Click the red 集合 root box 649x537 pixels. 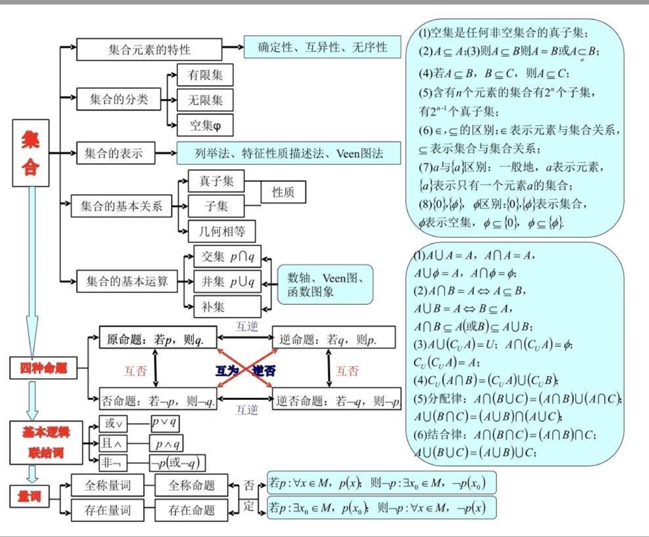coord(31,153)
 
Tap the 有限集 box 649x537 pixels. coord(205,75)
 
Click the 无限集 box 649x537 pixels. coord(205,100)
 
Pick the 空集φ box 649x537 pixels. coord(205,124)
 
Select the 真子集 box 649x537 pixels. coord(216,182)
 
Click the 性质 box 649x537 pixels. coord(283,192)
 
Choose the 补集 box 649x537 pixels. coord(227,306)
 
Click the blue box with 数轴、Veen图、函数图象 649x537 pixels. coord(325,284)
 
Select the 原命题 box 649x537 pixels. coord(158,338)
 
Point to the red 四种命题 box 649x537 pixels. coord(43,369)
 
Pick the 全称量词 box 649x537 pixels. coord(107,485)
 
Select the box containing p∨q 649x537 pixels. coord(165,423)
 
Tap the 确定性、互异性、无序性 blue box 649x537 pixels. coord(322,47)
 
